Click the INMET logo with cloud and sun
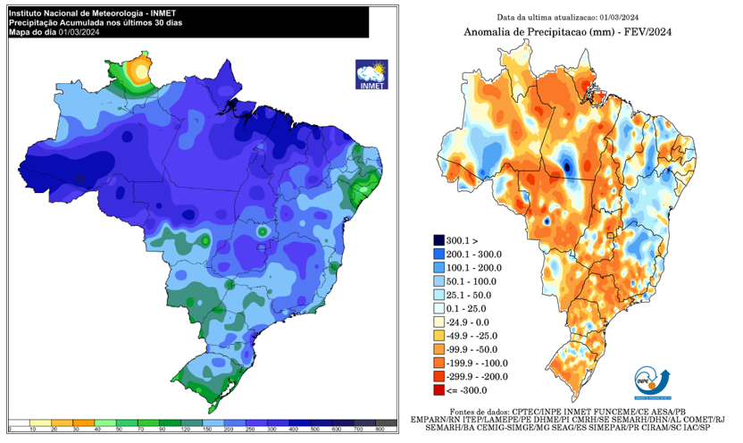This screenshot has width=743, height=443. click(370, 74)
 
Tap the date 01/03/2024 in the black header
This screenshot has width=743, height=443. click(81, 32)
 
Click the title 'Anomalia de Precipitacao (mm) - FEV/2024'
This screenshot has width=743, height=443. click(567, 32)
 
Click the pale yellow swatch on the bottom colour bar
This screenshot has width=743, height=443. click(40, 422)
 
